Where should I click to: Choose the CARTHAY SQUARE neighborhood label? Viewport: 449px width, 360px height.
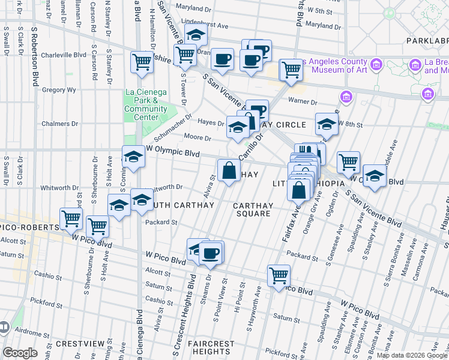[253, 209]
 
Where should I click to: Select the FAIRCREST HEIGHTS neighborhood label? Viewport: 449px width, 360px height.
[210, 347]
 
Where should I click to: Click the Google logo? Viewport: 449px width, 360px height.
[20, 353]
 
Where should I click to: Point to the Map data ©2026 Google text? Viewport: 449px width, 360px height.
[412, 355]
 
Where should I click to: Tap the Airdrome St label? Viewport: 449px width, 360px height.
[29, 330]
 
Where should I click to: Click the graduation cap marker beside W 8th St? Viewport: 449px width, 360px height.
[327, 125]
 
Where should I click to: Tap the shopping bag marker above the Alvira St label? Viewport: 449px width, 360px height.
[229, 171]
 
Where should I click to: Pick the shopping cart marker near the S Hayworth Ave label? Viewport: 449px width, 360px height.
[279, 275]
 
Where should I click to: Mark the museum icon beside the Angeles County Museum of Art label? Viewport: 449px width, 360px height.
[376, 64]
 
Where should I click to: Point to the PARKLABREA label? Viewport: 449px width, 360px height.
[426, 41]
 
